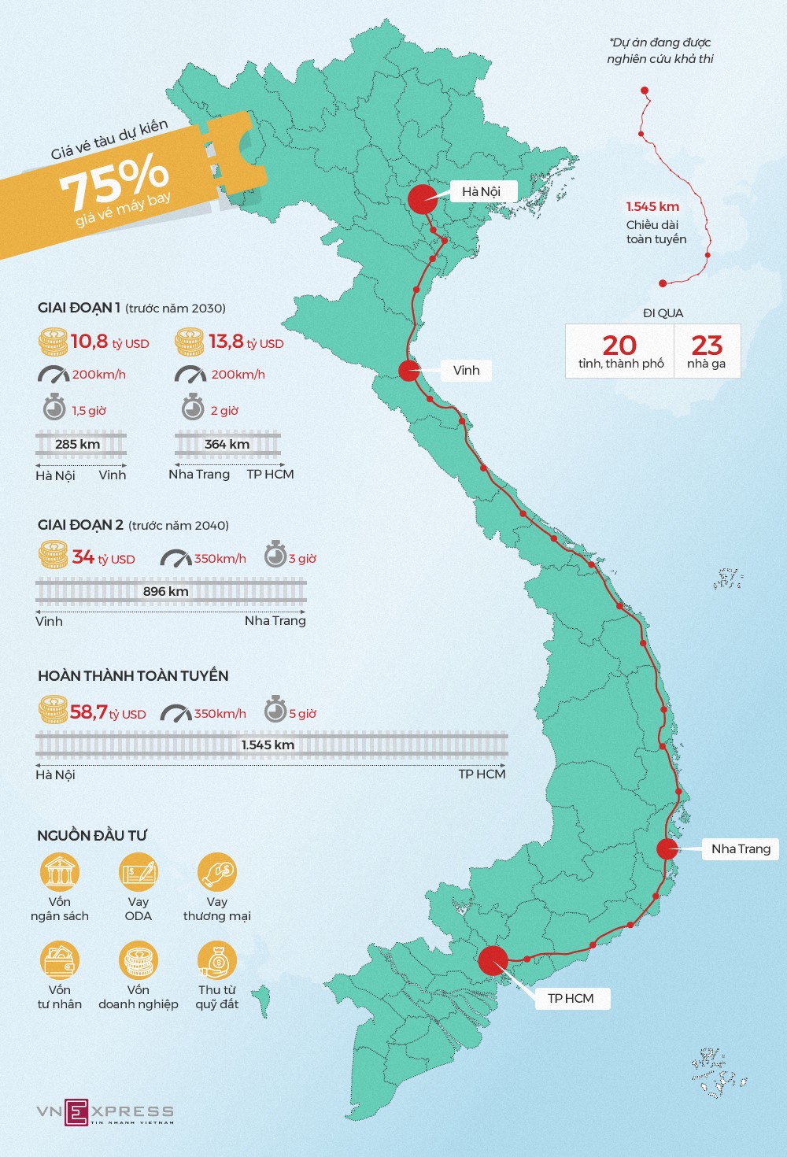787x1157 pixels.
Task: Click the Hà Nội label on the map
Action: point(481,191)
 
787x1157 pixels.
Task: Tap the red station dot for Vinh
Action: point(409,370)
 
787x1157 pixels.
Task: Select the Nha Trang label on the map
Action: point(741,848)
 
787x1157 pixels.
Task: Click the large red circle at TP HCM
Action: point(493,961)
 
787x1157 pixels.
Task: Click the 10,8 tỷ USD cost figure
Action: point(109,342)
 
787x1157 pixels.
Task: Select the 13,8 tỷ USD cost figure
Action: point(246,342)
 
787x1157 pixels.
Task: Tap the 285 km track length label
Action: point(78,444)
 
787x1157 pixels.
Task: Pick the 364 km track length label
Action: point(227,444)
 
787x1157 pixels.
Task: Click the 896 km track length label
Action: point(166,591)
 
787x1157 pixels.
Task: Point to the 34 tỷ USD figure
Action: point(103,558)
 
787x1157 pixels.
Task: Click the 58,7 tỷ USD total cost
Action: point(108,713)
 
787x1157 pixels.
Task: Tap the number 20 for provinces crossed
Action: point(619,345)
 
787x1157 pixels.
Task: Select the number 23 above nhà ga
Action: point(707,345)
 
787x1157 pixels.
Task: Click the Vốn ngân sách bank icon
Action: point(60,872)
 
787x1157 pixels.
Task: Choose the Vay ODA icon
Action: point(139,872)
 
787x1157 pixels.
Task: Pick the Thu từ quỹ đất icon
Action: point(217,960)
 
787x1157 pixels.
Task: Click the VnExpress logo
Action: point(105,1111)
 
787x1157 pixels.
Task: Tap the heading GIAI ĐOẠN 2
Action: point(80,525)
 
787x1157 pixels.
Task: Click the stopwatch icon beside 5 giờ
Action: point(275,710)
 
